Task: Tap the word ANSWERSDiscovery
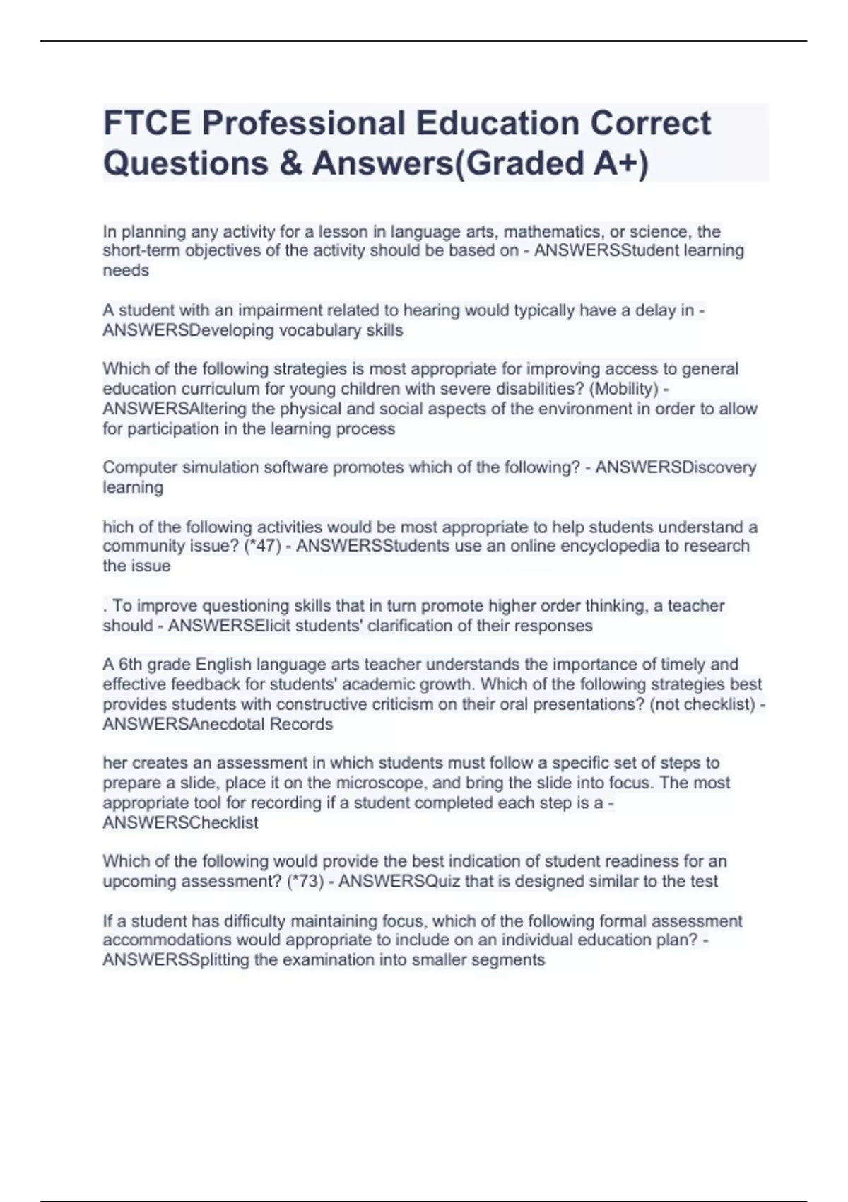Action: click(676, 467)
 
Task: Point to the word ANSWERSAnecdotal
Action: click(184, 724)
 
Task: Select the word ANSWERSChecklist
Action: click(180, 822)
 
